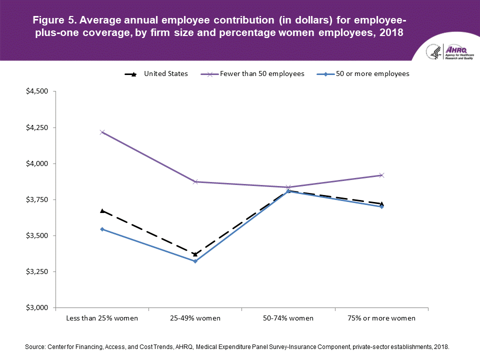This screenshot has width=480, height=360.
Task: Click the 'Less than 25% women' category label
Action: [102, 318]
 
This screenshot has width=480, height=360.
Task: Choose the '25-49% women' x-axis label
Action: [195, 318]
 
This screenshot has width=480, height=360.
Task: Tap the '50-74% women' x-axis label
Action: [288, 318]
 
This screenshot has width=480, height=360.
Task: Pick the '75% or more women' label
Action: [382, 318]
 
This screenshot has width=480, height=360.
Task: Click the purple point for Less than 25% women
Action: [102, 132]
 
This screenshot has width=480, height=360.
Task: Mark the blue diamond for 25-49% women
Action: [195, 261]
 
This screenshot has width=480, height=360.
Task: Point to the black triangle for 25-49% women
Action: [195, 254]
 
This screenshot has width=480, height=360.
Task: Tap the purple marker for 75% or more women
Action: [382, 175]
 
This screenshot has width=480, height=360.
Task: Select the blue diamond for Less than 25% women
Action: [102, 229]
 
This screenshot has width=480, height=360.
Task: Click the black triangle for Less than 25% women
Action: [102, 211]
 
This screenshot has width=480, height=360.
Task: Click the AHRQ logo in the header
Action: [446, 51]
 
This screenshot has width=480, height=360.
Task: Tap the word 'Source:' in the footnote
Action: [35, 346]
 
